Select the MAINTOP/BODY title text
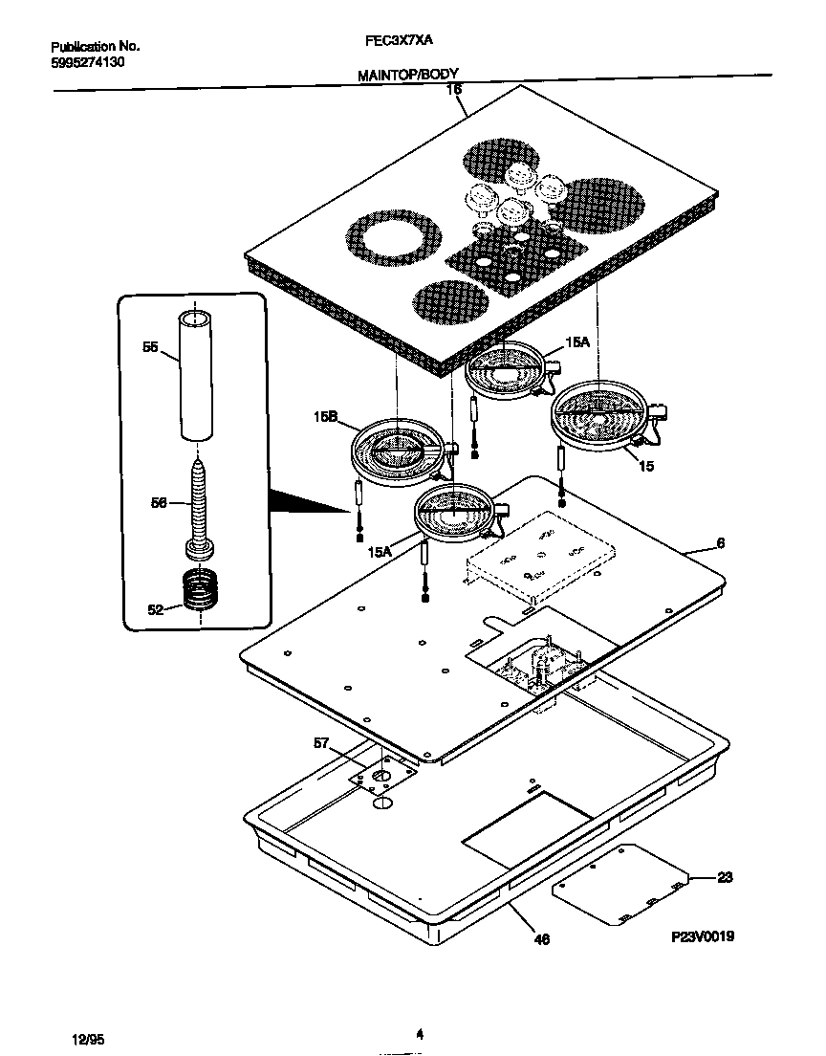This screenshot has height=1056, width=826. pos(408,74)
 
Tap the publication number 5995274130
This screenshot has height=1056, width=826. pos(87,61)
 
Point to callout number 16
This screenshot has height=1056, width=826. pos(454,89)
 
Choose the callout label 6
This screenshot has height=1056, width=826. pos(720,543)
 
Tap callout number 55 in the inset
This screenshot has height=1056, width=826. pos(150,349)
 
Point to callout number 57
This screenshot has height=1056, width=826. pos(320,742)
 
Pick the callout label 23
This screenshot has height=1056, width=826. pos(725,876)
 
